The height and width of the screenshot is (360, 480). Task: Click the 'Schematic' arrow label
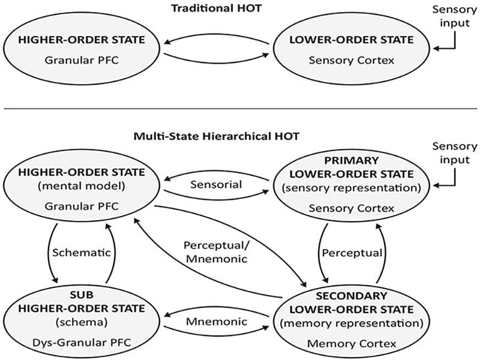click(x=83, y=253)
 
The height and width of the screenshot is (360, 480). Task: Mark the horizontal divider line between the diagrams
click(x=240, y=109)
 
